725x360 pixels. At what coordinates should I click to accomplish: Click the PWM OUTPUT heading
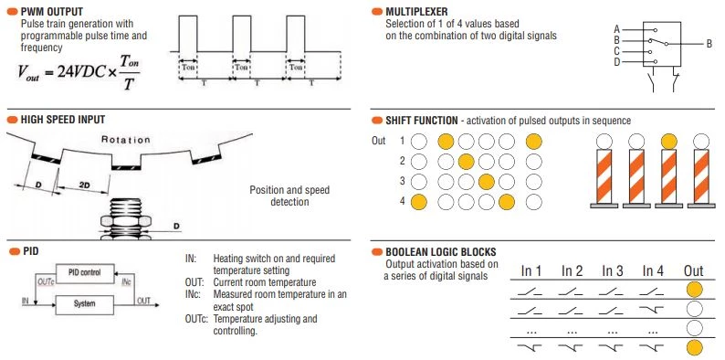[52, 12]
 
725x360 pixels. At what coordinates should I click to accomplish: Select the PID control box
[85, 273]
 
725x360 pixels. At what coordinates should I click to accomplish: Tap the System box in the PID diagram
[85, 304]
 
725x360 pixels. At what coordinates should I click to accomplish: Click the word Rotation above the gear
[126, 140]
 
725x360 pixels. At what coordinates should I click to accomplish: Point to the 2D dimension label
[84, 185]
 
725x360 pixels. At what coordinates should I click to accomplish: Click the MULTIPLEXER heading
[416, 12]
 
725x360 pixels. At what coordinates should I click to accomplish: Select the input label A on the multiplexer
[617, 29]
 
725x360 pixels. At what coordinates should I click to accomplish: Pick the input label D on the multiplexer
[617, 62]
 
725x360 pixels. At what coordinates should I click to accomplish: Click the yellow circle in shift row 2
[466, 162]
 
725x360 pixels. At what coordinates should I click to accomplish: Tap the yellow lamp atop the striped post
[668, 141]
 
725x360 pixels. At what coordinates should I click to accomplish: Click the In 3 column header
[612, 271]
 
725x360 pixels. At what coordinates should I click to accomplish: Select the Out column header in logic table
[694, 271]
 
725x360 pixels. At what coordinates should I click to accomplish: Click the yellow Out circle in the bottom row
[694, 347]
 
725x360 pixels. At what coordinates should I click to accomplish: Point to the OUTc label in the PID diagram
[45, 281]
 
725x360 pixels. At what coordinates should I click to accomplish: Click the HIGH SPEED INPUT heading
[63, 120]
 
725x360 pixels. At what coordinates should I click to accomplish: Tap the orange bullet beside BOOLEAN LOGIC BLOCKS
[377, 252]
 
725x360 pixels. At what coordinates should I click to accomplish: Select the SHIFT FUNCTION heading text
[422, 121]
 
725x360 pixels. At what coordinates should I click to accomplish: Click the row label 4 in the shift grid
[403, 202]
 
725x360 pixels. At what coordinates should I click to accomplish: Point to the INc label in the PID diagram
[127, 281]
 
